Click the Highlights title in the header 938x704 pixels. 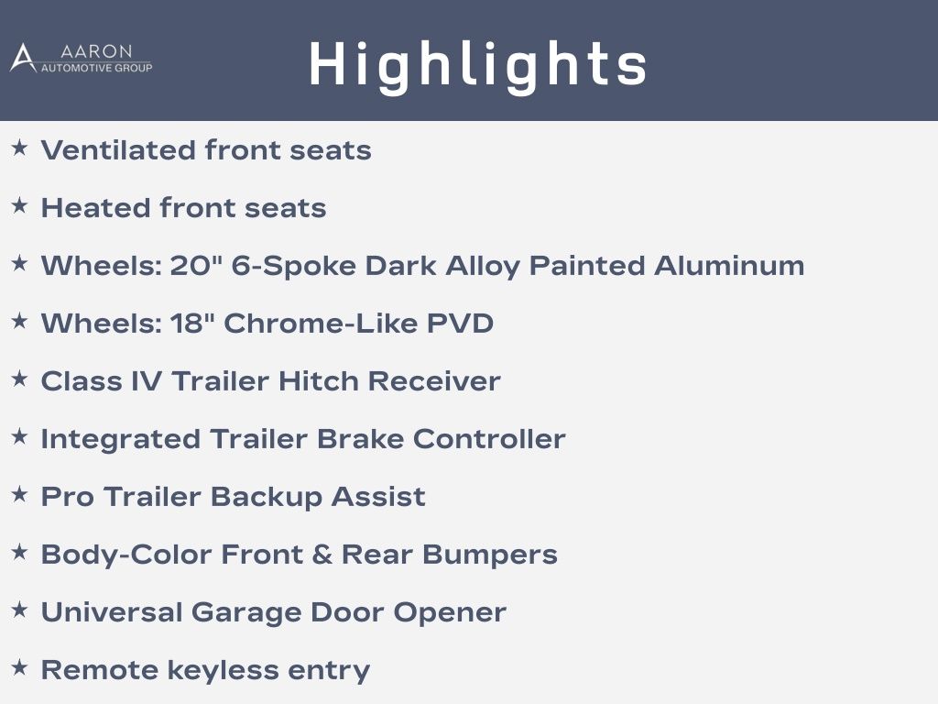[478, 65]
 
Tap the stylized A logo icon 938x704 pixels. [23, 58]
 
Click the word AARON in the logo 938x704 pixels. [96, 51]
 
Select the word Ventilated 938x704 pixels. [118, 149]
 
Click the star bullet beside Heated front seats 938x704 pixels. [20, 206]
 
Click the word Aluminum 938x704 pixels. [728, 265]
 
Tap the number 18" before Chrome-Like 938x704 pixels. [192, 323]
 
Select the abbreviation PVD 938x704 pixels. [460, 324]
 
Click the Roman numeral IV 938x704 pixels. [146, 380]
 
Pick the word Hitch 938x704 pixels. [318, 380]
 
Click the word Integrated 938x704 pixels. [120, 439]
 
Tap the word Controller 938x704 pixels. [489, 439]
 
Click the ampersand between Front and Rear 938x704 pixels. [322, 555]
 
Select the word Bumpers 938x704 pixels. [490, 555]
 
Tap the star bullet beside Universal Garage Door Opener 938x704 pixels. [20, 610]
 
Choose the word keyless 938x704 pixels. [223, 670]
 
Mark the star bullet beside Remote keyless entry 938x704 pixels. [20, 667]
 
